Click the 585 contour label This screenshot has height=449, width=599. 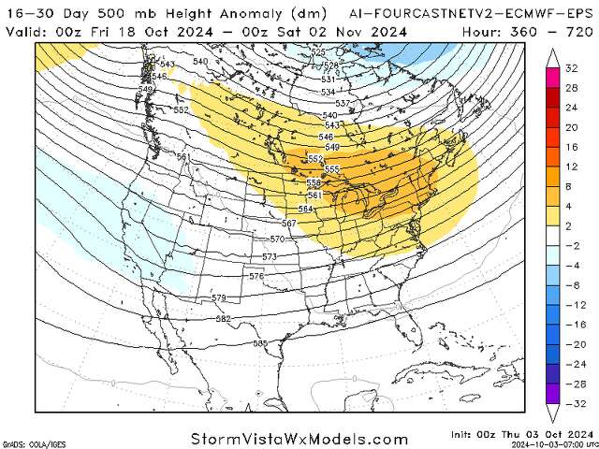260,344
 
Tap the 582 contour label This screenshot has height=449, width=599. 224,320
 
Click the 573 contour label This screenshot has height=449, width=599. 270,256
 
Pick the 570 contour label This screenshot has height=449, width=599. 277,239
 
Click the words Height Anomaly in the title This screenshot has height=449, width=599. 171,11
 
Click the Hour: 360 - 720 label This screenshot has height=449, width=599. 528,30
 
